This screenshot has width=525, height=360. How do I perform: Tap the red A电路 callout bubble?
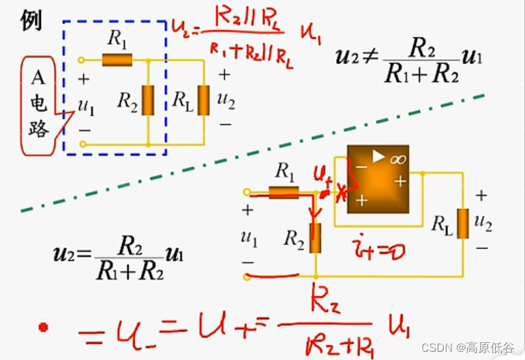pyautogui.click(x=40, y=106)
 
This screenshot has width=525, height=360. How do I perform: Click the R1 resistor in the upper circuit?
pyautogui.click(x=117, y=60)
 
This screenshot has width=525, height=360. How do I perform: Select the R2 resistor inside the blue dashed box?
pyautogui.click(x=148, y=100)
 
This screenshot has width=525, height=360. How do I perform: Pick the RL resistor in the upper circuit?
pyautogui.click(x=203, y=100)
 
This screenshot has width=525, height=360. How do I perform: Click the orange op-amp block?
pyautogui.click(x=378, y=179)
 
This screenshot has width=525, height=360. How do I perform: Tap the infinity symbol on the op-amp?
pyautogui.click(x=396, y=158)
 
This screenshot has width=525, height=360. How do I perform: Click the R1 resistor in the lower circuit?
pyautogui.click(x=284, y=193)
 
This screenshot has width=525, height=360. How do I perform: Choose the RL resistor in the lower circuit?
pyautogui.click(x=462, y=224)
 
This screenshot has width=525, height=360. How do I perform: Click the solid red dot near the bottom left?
pyautogui.click(x=44, y=328)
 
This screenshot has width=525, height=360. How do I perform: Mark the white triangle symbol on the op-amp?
pyautogui.click(x=378, y=157)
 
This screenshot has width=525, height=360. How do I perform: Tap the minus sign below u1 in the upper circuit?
pyautogui.click(x=85, y=128)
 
